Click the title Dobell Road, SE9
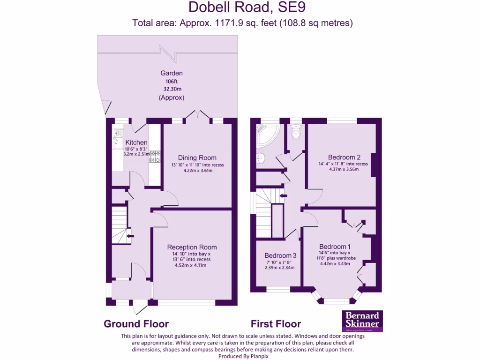coord(242,7)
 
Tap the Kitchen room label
coord(136,142)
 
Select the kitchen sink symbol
coord(117,139)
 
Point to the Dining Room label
coord(197,157)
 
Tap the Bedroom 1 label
coord(335,247)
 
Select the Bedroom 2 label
coord(344,157)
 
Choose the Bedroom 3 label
coord(280,255)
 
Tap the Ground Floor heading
coord(136,324)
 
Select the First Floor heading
coord(276,324)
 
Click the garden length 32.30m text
coord(172,89)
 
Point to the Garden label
coord(172,73)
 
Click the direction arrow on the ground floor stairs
coord(129,236)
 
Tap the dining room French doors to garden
coord(197,114)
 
